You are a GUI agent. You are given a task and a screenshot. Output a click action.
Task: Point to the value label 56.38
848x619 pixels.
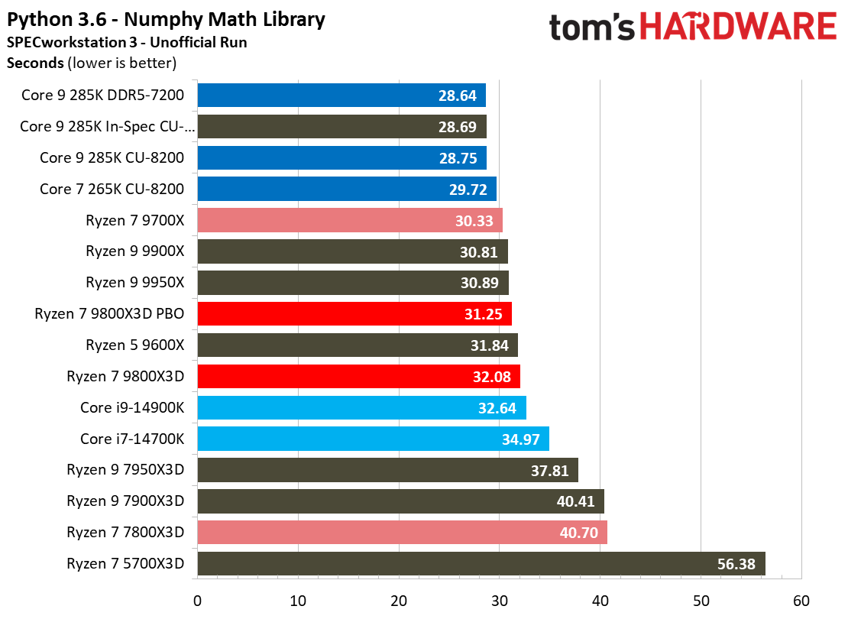tap(736, 564)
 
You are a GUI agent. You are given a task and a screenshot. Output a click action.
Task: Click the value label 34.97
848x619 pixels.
tap(521, 439)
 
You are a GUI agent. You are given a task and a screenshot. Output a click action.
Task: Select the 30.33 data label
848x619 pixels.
tap(474, 221)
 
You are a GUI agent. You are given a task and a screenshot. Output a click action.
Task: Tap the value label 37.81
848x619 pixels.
tap(550, 471)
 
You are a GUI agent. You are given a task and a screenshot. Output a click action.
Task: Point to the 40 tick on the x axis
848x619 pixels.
tap(600, 601)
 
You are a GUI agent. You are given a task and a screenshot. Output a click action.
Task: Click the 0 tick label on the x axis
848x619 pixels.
tap(197, 601)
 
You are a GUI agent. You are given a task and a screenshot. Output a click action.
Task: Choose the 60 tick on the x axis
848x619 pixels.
tap(801, 601)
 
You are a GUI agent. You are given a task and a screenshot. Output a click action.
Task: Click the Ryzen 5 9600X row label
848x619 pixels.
tap(135, 345)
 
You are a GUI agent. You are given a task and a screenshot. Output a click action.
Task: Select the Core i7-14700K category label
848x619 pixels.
tap(132, 439)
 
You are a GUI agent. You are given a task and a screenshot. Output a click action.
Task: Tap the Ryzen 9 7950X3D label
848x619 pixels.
tap(125, 470)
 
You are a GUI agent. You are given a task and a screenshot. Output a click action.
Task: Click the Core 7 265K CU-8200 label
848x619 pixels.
tap(112, 189)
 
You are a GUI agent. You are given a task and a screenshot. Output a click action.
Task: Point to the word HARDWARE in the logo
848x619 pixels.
tap(738, 28)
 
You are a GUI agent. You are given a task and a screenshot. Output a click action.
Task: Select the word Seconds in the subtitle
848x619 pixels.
tap(35, 63)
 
